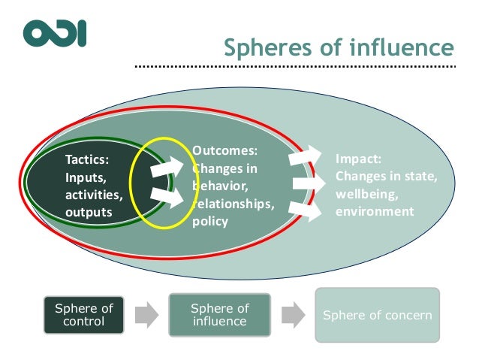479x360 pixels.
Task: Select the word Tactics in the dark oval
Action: [x=86, y=159]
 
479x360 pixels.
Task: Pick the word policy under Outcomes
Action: [x=209, y=222]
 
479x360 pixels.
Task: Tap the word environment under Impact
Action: [x=375, y=211]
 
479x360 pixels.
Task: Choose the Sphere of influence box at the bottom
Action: [x=219, y=314]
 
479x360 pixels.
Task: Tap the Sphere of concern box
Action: [x=377, y=315]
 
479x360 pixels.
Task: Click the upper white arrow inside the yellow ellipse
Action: [x=167, y=168]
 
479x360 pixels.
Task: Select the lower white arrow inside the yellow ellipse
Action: [x=167, y=198]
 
